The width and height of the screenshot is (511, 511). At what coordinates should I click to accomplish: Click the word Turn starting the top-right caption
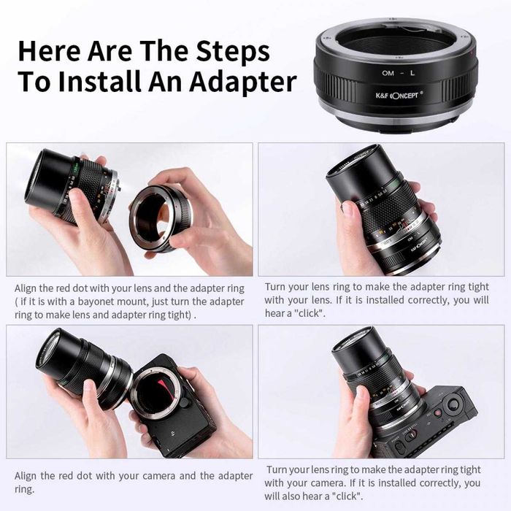[277, 288]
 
